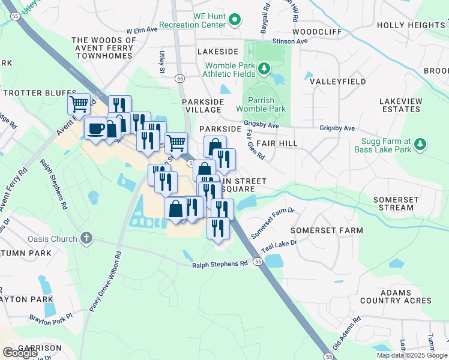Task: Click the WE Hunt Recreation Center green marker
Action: [x=235, y=21]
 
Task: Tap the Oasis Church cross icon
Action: [x=87, y=239]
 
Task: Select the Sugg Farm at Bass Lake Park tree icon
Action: [x=421, y=144]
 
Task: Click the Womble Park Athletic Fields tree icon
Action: [x=264, y=70]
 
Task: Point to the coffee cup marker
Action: [x=96, y=128]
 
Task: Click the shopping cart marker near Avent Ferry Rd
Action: [x=79, y=104]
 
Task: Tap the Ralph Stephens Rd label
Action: [x=220, y=264]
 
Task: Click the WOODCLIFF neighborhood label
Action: [x=317, y=31]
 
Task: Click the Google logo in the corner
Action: [x=20, y=352]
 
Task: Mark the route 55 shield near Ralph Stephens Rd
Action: [x=258, y=262]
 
